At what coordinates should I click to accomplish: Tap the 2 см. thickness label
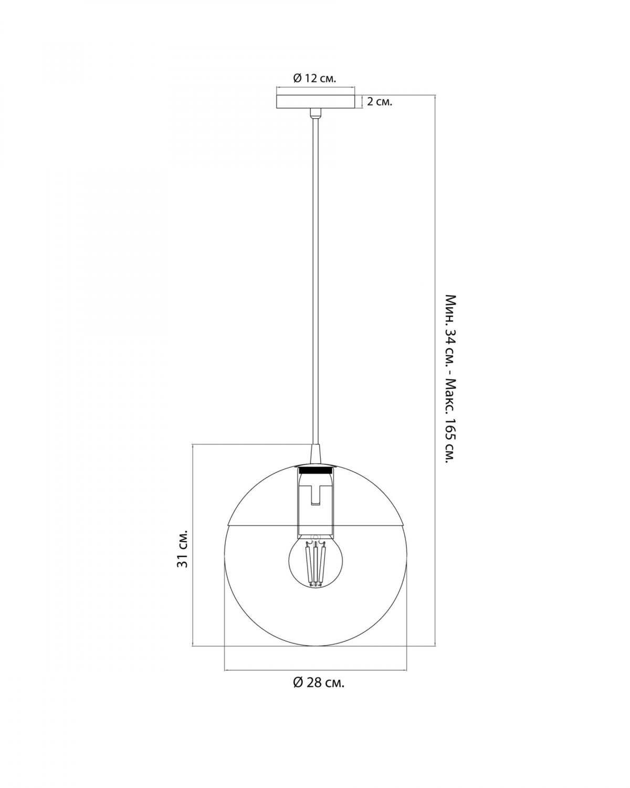380,102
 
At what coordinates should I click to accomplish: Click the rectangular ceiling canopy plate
315,101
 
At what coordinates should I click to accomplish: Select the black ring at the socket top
315,470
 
